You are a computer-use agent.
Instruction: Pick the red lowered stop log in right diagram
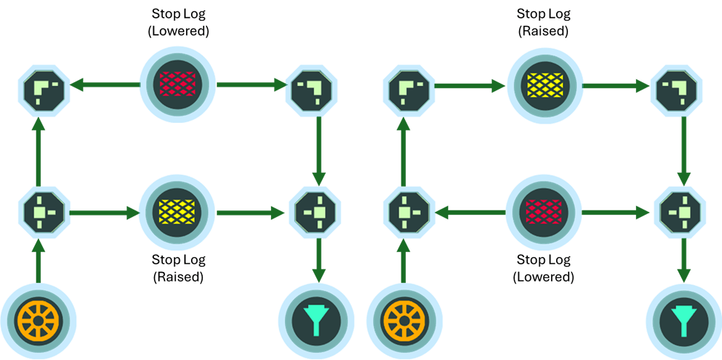coord(544,213)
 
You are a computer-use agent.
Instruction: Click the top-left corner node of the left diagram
coord(40,90)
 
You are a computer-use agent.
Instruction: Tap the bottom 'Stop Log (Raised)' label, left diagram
coord(178,268)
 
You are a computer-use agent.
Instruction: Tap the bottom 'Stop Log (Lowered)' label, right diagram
coord(544,268)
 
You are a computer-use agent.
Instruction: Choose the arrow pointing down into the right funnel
coord(682,259)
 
